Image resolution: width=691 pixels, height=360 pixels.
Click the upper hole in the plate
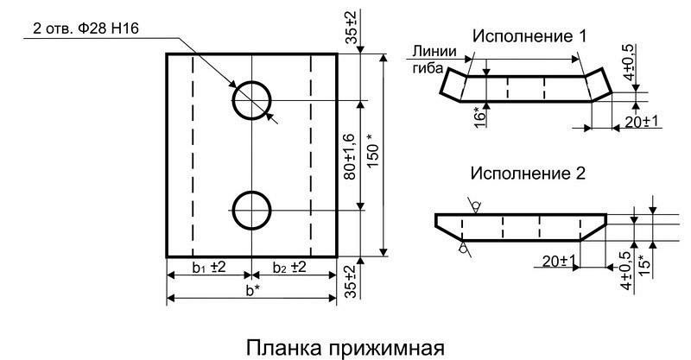pos(251,101)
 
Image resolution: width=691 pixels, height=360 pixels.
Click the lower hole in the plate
pos(251,210)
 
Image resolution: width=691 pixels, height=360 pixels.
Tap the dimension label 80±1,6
pos(348,155)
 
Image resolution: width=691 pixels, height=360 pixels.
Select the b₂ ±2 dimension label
pos(292,267)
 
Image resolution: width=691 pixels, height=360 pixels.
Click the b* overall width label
pos(250,290)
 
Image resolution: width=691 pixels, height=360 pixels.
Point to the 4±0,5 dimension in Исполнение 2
pos(624,258)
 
